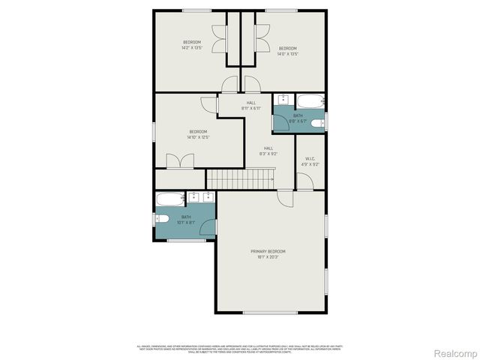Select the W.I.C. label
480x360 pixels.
coord(310,158)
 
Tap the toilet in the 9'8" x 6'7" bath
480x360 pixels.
coord(318,123)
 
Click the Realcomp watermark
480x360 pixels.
coord(456,352)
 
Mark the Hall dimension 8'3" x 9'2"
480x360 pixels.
coord(268,154)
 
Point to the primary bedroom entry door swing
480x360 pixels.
coord(285,197)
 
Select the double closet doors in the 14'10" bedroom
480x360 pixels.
coord(181,161)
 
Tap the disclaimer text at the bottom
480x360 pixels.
coord(239,349)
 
